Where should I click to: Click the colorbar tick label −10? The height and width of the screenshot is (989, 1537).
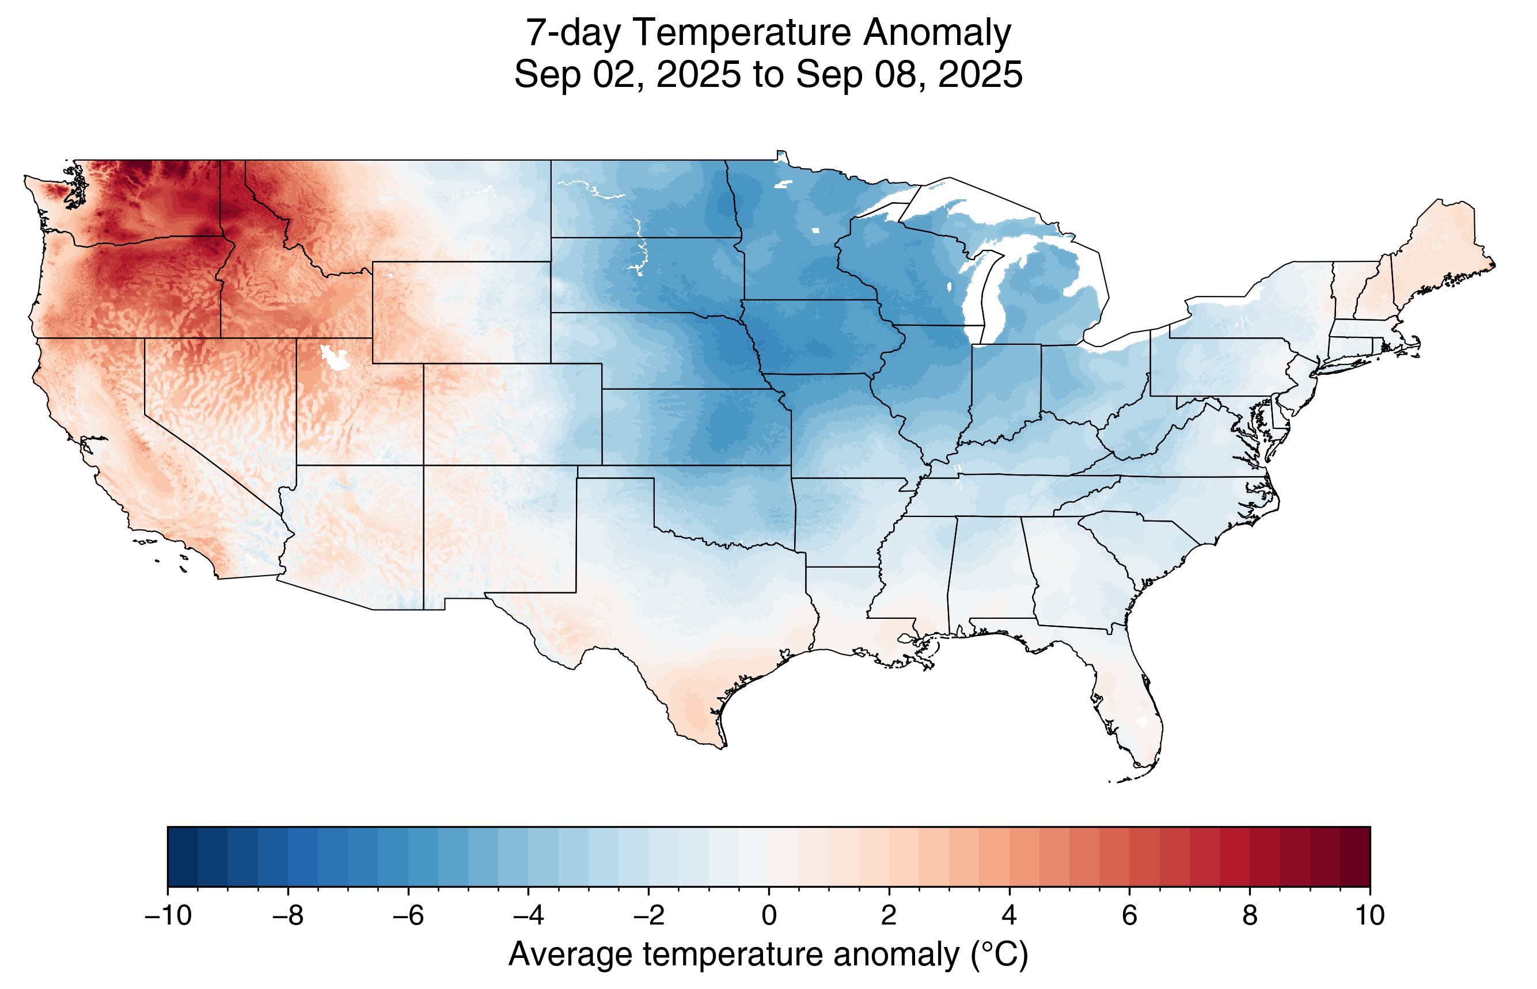168,916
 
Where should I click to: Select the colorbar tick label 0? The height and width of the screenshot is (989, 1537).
769,916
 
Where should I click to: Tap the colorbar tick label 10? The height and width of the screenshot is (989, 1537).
1369,916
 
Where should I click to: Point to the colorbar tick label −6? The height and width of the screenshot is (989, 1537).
408,916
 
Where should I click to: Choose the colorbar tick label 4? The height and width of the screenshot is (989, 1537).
1009,916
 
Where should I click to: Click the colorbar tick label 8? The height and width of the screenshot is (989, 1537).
1249,916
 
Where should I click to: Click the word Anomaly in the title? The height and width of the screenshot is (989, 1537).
936,33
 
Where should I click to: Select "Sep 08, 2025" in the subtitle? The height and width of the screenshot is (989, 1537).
908,74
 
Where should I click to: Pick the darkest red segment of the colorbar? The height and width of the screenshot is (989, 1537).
1354,856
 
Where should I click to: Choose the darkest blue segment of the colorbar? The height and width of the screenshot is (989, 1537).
183,856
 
